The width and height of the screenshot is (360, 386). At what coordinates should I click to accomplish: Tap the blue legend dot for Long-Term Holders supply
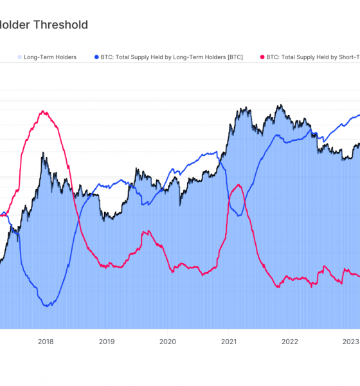96,57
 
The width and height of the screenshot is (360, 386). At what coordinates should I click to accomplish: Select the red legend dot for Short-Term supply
262,57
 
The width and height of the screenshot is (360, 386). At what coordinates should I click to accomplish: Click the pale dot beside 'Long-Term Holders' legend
19,57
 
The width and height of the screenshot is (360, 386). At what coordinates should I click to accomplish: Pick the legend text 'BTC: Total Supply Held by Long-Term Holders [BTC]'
172,57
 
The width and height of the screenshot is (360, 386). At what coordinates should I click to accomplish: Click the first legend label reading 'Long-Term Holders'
50,57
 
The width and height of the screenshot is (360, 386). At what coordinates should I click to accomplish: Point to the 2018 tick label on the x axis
46,342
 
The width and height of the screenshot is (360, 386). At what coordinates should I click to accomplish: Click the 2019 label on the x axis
107,342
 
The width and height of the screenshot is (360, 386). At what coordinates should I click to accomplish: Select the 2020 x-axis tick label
167,342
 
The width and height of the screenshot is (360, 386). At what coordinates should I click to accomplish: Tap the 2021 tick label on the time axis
228,342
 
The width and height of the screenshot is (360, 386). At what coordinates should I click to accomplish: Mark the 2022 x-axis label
289,342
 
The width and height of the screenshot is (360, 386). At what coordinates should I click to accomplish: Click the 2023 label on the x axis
350,342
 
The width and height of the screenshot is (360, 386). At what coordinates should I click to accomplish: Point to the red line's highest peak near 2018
44,111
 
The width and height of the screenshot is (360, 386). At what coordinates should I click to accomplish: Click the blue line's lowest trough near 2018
46,306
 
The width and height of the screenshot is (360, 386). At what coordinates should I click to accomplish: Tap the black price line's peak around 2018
43,154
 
